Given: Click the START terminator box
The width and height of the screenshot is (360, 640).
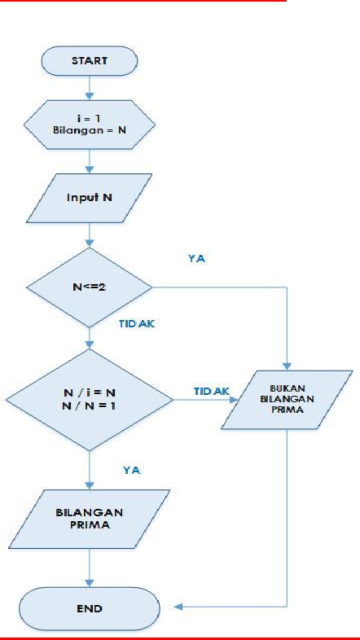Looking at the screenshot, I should [89, 60].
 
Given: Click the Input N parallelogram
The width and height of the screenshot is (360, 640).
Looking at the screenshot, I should [89, 197].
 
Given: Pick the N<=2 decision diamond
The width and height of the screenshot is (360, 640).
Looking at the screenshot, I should [89, 287].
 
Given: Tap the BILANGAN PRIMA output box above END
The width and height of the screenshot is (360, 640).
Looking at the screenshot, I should [89, 519].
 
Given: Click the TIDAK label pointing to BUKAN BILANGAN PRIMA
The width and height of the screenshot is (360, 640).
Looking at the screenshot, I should [209, 392].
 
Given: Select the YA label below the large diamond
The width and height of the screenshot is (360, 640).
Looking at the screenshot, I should [133, 470].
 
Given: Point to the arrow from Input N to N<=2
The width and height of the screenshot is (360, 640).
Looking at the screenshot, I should [89, 238].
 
